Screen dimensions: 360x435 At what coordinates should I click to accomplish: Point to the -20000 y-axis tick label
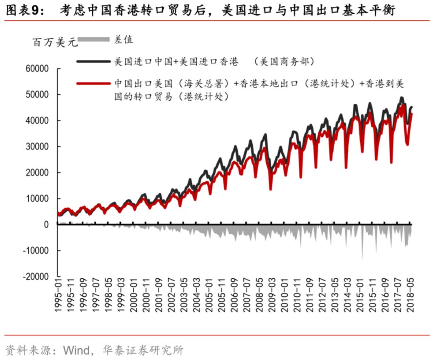pos(37,277)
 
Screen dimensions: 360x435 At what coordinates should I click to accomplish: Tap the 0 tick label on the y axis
pos(46,225)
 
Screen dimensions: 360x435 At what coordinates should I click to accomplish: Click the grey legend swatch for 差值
pos(94,39)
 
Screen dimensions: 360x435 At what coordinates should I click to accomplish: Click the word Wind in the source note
pos(76,350)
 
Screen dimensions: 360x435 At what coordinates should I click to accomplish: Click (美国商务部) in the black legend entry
pos(286,62)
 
